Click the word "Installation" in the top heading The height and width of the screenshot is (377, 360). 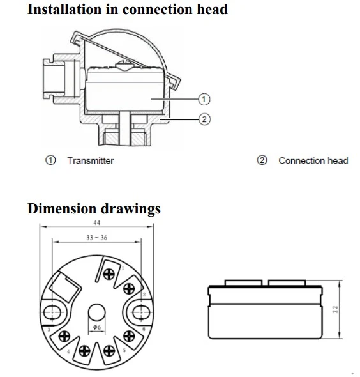tap(64, 10)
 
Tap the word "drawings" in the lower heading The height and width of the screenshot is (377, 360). tap(131, 209)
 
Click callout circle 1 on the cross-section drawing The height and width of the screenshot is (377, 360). tap(204, 99)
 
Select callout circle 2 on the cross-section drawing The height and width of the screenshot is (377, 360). tap(204, 119)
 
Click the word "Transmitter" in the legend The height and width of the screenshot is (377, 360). tap(91, 160)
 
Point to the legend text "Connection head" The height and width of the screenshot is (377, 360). tap(313, 160)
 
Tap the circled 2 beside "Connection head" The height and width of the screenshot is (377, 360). tap(262, 160)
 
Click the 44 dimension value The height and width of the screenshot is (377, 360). tap(97, 222)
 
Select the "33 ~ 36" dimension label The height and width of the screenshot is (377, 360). tap(96, 238)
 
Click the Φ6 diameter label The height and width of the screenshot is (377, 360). tap(97, 327)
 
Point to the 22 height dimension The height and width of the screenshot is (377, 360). tap(335, 309)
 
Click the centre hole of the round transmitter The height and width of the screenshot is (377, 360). tap(96, 312)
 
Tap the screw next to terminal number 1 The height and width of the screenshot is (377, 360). tap(109, 274)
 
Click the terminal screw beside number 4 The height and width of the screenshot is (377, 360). tap(64, 336)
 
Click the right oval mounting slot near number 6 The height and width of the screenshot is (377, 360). tap(141, 312)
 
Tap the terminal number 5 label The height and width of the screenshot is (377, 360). tap(124, 350)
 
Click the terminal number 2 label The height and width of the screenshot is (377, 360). tap(144, 295)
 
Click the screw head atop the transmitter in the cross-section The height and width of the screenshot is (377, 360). tap(123, 66)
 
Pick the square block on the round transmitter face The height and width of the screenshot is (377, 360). tap(65, 288)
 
